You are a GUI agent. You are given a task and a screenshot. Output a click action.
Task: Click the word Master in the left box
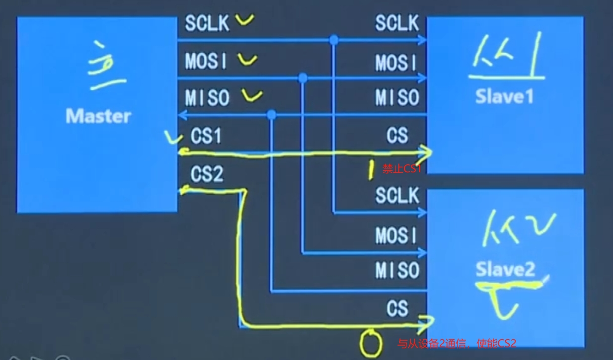[98, 116]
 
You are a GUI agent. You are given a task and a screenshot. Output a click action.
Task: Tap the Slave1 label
[504, 96]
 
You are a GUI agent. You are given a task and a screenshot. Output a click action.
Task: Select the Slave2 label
[505, 269]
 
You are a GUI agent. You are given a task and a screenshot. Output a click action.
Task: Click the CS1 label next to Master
[206, 136]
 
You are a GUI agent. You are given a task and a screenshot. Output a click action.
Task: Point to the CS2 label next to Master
[207, 174]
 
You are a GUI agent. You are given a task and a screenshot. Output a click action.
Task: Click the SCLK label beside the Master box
[207, 23]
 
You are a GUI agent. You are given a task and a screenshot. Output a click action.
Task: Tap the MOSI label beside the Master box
[207, 61]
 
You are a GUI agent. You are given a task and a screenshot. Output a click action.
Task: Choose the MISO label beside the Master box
[207, 98]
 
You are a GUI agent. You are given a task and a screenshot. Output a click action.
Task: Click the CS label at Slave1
[397, 135]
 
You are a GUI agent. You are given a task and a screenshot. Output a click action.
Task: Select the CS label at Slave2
[397, 308]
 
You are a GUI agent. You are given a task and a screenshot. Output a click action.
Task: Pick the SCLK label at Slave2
[397, 196]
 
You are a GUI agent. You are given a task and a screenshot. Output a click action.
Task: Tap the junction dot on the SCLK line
[334, 40]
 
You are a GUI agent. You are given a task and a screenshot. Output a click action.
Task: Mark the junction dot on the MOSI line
[303, 78]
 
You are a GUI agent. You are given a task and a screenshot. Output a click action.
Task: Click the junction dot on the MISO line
[271, 115]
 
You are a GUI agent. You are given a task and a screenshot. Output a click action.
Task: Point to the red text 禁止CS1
[401, 169]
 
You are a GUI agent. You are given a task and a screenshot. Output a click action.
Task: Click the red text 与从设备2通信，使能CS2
[457, 343]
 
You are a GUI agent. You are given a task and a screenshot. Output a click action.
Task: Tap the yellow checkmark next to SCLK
[244, 20]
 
